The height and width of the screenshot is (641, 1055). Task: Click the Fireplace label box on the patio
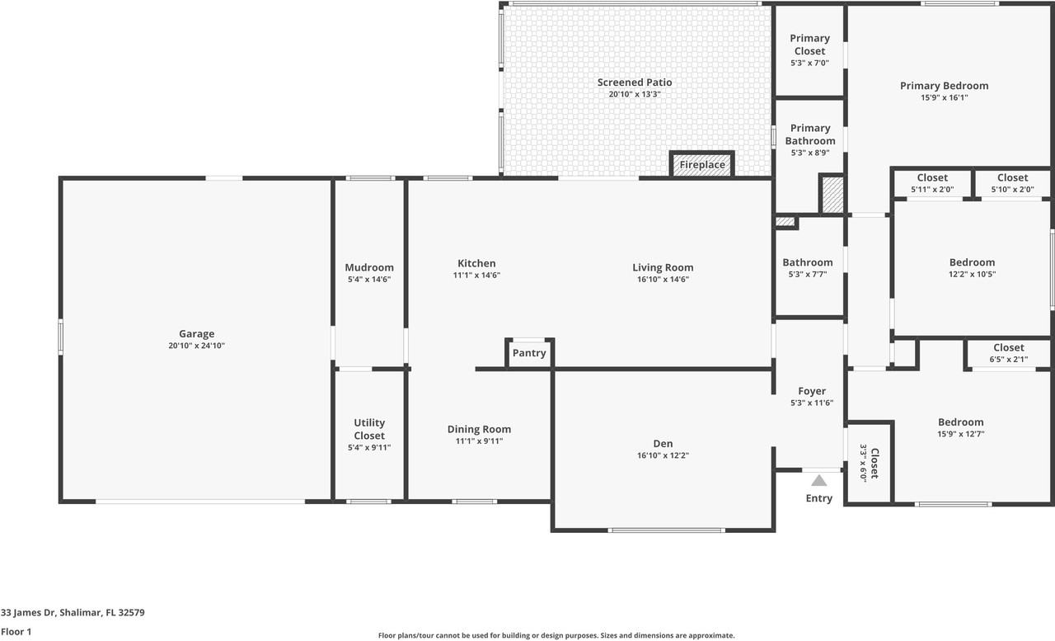coord(702,165)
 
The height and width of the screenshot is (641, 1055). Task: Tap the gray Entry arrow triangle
coord(818,480)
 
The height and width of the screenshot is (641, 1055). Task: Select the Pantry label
coord(529,353)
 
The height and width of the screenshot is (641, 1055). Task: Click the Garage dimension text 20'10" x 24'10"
coord(196,346)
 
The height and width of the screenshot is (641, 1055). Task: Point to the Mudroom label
coord(368,267)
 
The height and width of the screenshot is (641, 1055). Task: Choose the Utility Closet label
coord(369,429)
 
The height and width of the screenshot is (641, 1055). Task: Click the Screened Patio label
coord(635,82)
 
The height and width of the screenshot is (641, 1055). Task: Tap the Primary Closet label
coord(809,45)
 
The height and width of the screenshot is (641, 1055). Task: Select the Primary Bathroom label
coord(809,134)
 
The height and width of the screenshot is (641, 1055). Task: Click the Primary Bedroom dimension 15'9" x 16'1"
coord(944,97)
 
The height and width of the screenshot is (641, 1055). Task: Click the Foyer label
coord(812,391)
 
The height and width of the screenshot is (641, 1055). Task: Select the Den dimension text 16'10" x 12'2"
coord(663,456)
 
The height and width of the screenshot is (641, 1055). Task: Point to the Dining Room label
coord(479,429)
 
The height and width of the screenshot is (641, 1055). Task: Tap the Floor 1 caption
coord(16,632)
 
